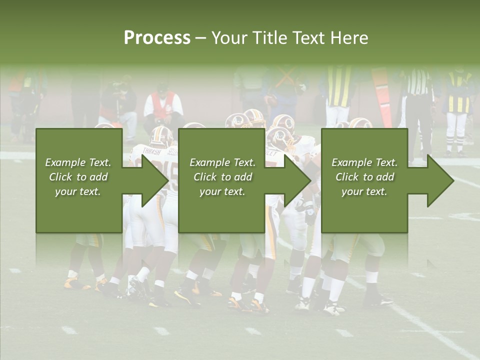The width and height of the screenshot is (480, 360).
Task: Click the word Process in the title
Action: pyautogui.click(x=157, y=38)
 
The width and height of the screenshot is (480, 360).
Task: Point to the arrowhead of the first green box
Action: pyautogui.click(x=155, y=180)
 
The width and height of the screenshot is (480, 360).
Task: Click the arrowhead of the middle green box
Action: pyautogui.click(x=298, y=180)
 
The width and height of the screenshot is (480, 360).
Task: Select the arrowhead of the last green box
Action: pyautogui.click(x=440, y=180)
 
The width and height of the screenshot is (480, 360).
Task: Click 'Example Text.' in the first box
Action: pyautogui.click(x=78, y=162)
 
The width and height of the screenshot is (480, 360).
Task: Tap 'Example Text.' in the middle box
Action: pyautogui.click(x=222, y=162)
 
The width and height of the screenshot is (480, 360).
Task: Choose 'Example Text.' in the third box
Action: pyautogui.click(x=364, y=162)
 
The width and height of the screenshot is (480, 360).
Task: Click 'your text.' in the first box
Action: pyautogui.click(x=78, y=191)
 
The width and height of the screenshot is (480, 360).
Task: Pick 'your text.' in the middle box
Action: pyautogui.click(x=222, y=191)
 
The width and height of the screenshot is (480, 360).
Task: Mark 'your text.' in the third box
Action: pyautogui.click(x=364, y=191)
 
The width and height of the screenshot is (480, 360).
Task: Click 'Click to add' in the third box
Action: pyautogui.click(x=364, y=177)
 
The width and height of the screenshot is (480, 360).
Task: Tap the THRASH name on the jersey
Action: pyautogui.click(x=151, y=150)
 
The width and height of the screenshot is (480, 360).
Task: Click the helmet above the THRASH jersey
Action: pyautogui.click(x=161, y=136)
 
